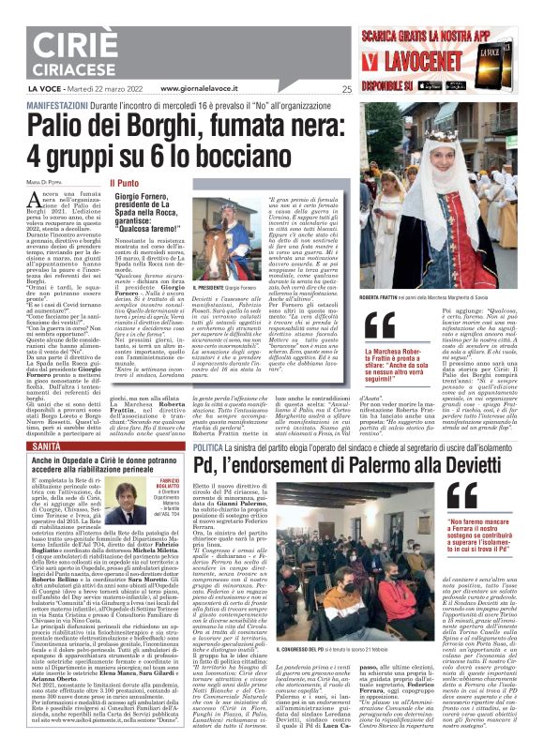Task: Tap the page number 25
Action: tap(346, 90)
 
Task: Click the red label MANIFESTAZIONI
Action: tap(41, 103)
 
